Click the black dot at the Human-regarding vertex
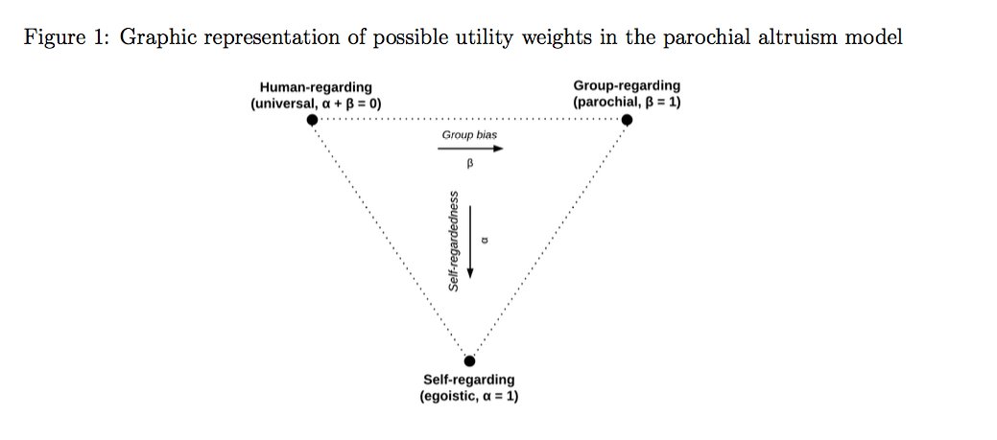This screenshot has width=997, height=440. click(312, 120)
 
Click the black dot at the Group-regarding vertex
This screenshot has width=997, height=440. click(627, 120)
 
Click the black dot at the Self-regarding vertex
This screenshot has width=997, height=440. click(469, 361)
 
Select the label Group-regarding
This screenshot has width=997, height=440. click(627, 86)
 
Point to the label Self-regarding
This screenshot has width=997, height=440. click(469, 380)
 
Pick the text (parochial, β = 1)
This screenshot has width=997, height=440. click(627, 101)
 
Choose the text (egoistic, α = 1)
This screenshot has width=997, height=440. click(469, 395)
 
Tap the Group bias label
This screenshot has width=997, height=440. click(469, 134)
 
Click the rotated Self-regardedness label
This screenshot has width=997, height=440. click(454, 241)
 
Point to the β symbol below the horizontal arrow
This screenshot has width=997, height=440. click(470, 164)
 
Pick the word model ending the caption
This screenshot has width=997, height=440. click(877, 39)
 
